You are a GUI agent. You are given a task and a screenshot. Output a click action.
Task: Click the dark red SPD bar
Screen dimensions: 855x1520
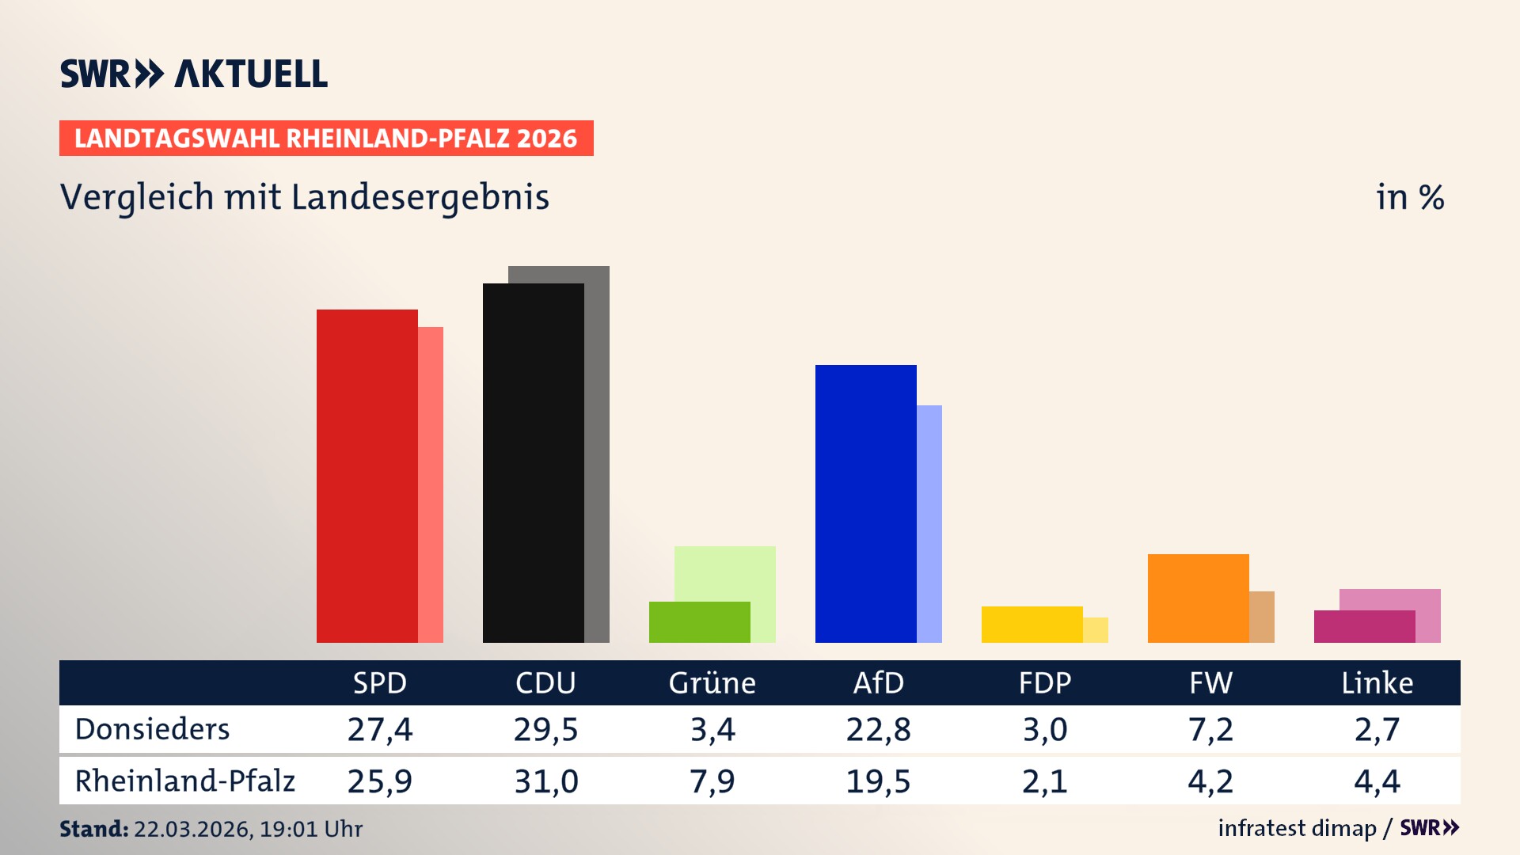coord(367,475)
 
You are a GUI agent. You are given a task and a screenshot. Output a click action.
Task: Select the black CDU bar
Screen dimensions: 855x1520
coord(533,463)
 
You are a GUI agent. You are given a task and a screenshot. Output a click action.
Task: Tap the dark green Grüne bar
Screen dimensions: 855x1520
coord(699,622)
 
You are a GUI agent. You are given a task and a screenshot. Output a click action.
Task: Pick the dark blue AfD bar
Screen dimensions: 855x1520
coord(865,503)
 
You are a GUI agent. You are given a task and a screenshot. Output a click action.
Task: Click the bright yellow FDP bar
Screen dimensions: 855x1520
coord(1032,625)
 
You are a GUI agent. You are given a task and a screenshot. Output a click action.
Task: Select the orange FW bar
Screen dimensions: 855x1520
coord(1198,598)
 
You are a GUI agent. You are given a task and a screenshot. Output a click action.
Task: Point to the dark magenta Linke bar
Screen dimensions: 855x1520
coord(1364,627)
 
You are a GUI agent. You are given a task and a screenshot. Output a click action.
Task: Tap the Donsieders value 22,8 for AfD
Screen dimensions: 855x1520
coord(878,729)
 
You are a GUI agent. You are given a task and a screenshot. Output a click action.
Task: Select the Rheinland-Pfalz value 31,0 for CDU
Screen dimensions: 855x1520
coord(545,781)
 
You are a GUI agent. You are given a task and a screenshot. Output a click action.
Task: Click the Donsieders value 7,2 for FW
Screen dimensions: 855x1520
coord(1210,729)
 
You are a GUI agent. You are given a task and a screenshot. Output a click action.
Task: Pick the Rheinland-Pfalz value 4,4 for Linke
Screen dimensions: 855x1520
coord(1377,781)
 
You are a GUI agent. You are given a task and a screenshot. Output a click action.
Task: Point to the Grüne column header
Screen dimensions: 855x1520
coord(712,682)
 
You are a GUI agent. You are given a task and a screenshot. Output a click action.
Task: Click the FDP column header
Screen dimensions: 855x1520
coord(1044,682)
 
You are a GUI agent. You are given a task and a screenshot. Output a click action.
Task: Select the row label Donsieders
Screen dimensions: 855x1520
coord(152,729)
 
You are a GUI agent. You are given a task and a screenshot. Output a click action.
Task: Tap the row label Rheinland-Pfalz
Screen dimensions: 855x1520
coord(184,781)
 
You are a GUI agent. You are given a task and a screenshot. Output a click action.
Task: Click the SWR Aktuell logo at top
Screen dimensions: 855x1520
coord(193,74)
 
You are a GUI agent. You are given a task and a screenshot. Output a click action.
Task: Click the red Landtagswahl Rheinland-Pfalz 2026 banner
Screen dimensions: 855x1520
coord(326,139)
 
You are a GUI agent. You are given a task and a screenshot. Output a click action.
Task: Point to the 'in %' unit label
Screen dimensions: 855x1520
coord(1409,197)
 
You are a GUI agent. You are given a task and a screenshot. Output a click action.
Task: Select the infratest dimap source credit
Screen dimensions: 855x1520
coord(1296,828)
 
